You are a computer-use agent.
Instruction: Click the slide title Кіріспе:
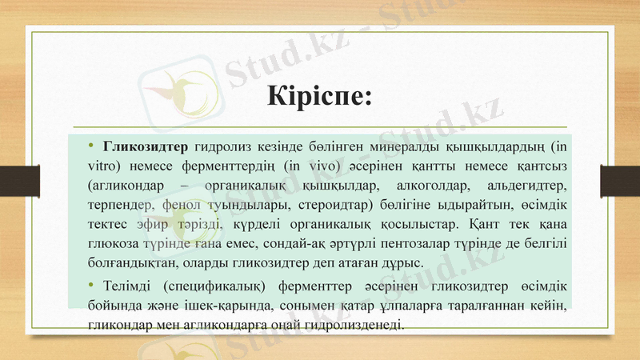coord(319,96)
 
